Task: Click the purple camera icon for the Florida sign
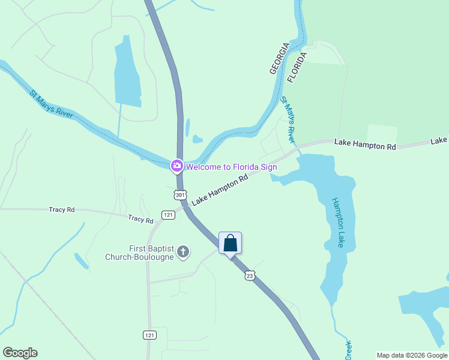(x=176, y=166)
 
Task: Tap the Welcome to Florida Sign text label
(x=231, y=166)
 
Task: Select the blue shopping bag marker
(x=230, y=244)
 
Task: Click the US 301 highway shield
(x=181, y=194)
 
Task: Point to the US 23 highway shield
(x=250, y=275)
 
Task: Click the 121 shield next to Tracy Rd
(x=168, y=215)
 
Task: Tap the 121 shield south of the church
(x=150, y=335)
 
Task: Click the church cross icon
(x=184, y=253)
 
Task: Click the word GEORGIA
(x=279, y=58)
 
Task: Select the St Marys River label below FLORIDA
(x=289, y=120)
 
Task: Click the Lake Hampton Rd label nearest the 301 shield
(x=220, y=188)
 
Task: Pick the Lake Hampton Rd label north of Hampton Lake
(x=366, y=144)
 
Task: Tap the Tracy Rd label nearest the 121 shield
(x=140, y=219)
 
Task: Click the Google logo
(x=20, y=353)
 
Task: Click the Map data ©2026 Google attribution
(x=412, y=355)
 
